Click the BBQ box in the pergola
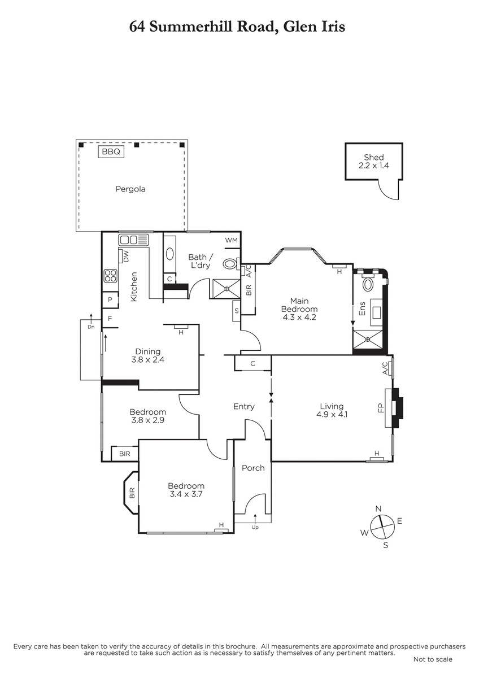click(x=111, y=151)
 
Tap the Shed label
click(x=374, y=157)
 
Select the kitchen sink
click(x=134, y=240)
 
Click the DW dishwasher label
click(x=126, y=256)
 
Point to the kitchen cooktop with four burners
click(x=111, y=276)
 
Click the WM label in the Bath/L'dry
click(x=232, y=240)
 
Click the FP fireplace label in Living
click(x=381, y=408)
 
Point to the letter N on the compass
click(x=378, y=509)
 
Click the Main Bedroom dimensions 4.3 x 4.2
click(x=299, y=317)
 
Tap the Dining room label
click(x=147, y=351)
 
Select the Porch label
click(x=253, y=468)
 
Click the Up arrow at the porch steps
click(x=255, y=518)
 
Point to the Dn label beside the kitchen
click(x=91, y=327)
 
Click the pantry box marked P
click(x=110, y=299)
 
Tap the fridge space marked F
click(x=110, y=319)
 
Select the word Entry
click(x=244, y=407)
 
